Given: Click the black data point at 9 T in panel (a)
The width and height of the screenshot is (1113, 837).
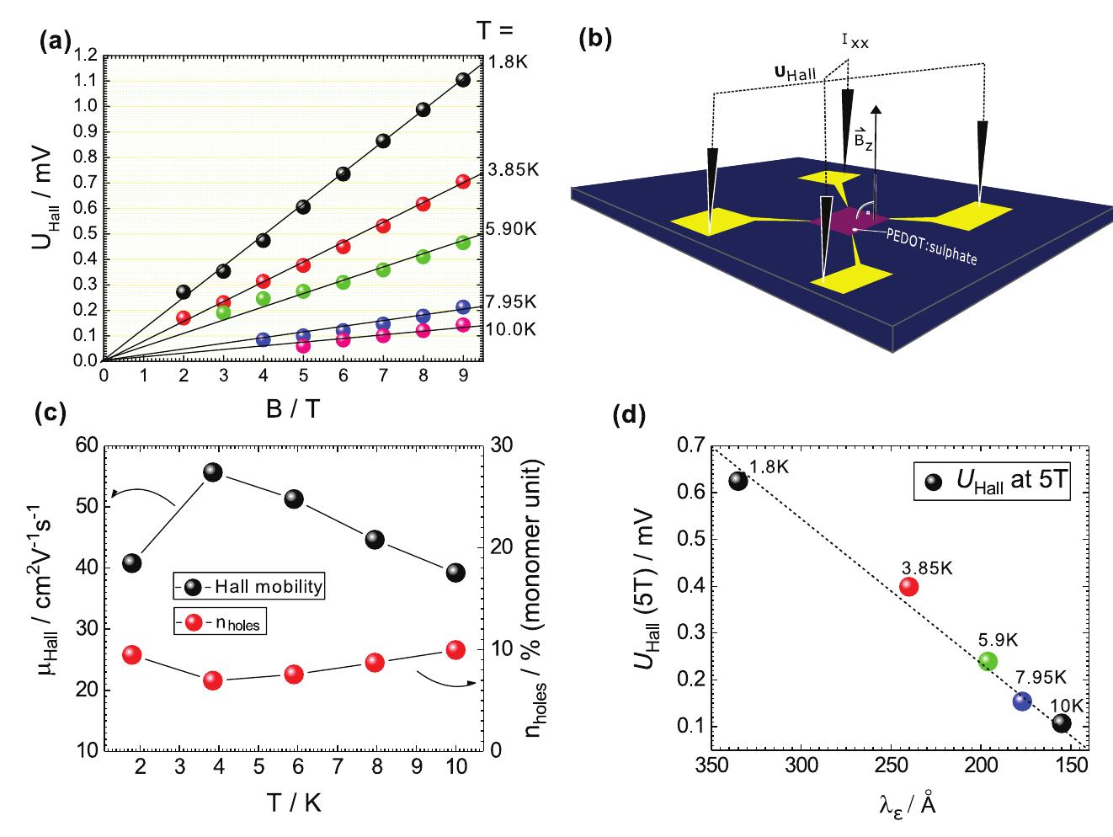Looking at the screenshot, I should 462,80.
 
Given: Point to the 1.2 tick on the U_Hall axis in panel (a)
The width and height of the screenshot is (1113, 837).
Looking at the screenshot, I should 85,56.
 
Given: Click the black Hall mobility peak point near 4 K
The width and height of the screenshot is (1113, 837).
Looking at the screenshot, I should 213,472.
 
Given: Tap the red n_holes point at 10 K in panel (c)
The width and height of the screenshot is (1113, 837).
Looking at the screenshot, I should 455,649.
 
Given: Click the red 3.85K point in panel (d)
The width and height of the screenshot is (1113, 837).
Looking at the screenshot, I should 908,587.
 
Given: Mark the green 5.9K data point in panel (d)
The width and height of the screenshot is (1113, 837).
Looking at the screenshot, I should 988,661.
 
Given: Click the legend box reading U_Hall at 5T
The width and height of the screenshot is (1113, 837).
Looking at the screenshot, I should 992,482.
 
